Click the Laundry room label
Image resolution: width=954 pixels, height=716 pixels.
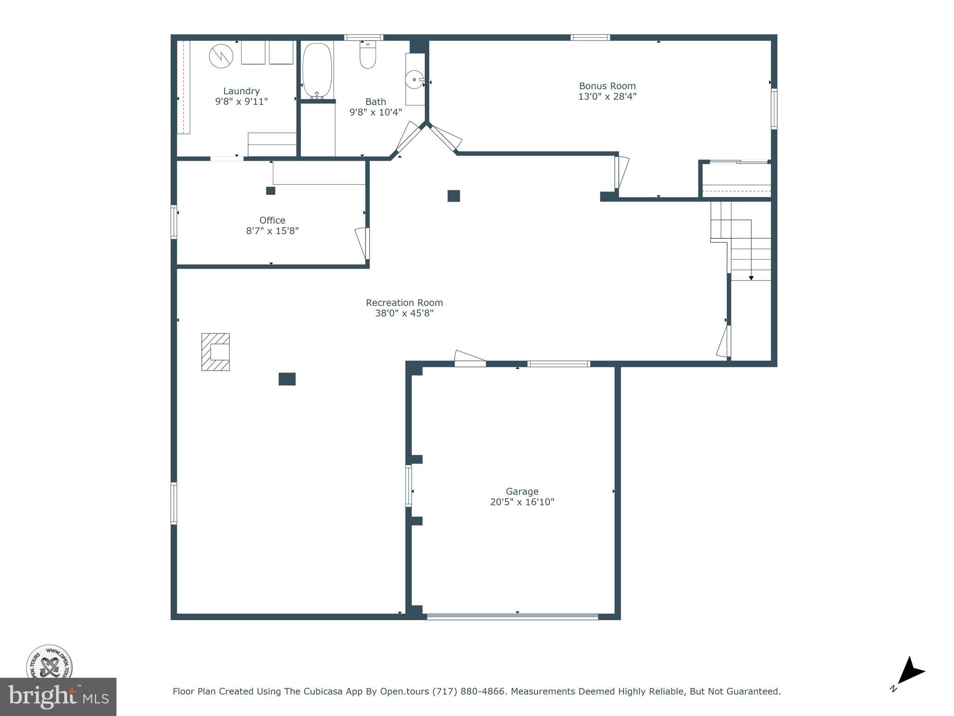point(241,91)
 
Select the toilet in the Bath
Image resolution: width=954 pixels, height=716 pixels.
point(368,56)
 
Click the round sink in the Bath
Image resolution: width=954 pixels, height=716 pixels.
point(414,80)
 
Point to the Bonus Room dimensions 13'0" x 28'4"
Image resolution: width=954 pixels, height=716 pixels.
point(607,96)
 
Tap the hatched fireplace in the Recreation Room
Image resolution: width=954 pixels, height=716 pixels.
point(216,352)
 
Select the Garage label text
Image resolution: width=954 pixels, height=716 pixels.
point(522,491)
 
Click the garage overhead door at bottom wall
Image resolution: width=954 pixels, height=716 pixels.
point(512,617)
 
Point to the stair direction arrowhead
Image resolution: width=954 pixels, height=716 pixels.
point(751,278)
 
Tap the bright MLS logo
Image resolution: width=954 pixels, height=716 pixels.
point(58,697)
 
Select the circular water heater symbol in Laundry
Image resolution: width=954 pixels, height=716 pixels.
point(221,56)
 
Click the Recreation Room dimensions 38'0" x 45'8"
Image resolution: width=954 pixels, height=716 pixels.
point(404,313)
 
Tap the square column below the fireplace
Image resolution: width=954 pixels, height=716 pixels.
point(287,379)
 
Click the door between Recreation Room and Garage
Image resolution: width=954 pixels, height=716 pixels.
point(470,359)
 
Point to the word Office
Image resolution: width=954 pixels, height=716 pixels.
point(272,220)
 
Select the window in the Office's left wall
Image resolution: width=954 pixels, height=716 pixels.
point(174,222)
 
